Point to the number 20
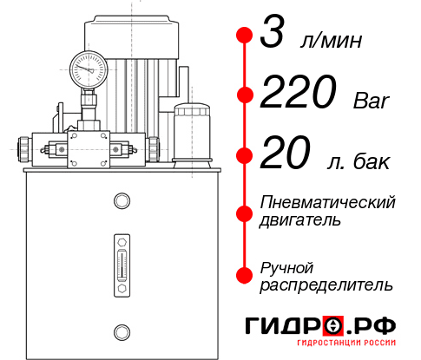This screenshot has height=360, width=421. [284, 156]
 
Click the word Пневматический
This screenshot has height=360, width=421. [327, 202]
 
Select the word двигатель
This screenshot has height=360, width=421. [300, 220]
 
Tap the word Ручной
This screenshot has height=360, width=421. [287, 265]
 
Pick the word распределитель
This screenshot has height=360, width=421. [326, 284]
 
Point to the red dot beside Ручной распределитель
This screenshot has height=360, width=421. [244, 275]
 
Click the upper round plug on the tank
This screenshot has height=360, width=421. [122, 203]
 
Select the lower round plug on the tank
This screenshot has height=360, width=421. [122, 330]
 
